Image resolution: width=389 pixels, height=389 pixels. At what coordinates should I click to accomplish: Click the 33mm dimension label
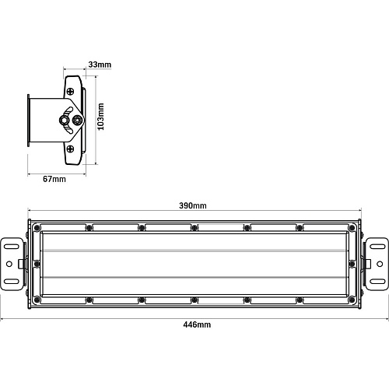tap(100, 65)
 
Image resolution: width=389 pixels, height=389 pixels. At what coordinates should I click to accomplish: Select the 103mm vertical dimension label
tap(100, 117)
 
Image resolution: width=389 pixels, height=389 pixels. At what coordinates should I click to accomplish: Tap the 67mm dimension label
tap(54, 179)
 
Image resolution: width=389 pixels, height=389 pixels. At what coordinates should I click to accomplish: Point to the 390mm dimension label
tap(193, 205)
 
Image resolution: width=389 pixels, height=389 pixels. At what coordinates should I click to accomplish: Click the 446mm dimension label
tap(197, 324)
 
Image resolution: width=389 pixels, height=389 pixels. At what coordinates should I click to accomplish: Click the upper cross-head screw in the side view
tap(71, 91)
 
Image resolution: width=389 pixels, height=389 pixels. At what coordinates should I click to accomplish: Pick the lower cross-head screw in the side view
tap(71, 149)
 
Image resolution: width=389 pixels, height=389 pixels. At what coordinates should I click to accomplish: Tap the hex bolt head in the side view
tap(64, 120)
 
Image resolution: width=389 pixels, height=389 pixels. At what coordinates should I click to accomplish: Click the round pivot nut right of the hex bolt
tap(77, 120)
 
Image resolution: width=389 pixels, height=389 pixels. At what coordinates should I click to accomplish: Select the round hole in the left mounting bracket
tap(9, 264)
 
